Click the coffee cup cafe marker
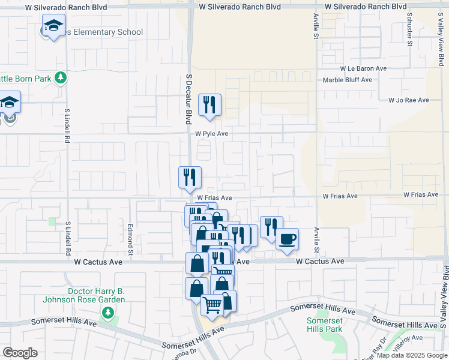point(287,238)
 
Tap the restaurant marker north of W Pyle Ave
point(210,104)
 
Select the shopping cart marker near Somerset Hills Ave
point(212,305)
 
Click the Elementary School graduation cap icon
point(53,26)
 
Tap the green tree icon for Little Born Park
point(60,77)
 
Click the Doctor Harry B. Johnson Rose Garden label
point(83,295)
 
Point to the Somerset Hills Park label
point(324,325)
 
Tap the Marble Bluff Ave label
point(347,79)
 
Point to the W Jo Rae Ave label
point(408,100)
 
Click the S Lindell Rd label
point(67,125)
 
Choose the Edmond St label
point(130,236)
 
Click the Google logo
point(20,353)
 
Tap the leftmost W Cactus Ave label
point(98,262)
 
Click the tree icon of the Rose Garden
point(107,312)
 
